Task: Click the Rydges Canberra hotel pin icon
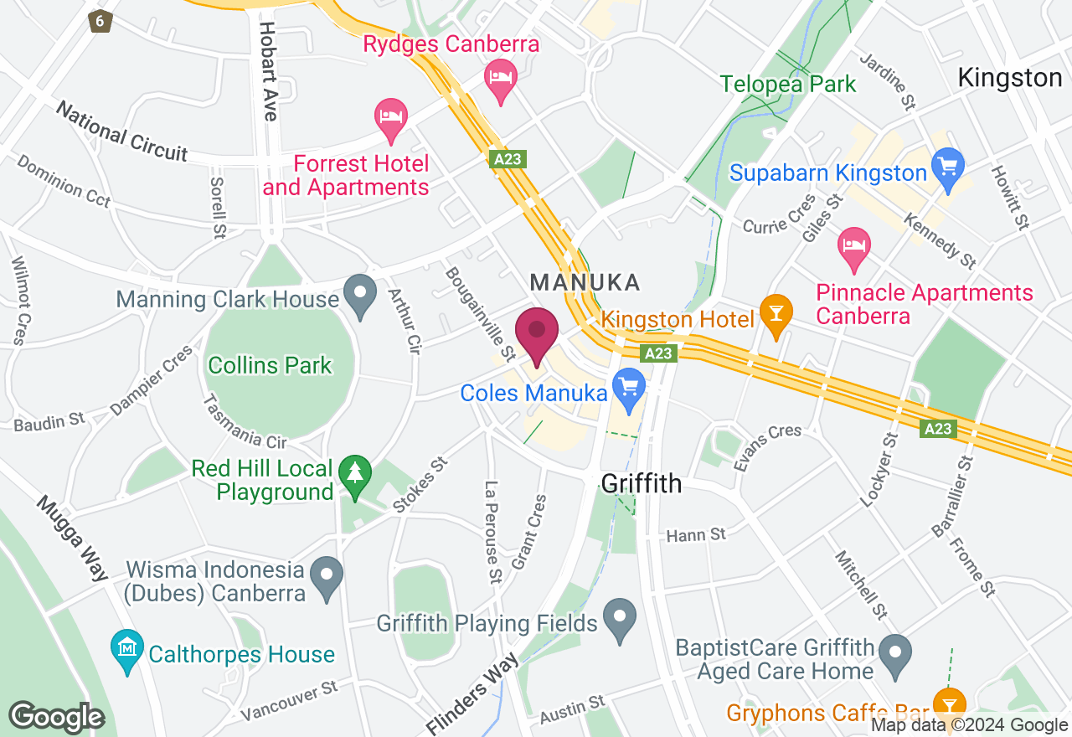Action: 501,79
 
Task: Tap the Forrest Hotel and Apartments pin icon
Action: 391,117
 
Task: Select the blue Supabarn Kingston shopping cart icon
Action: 948,162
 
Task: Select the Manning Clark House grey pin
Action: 361,294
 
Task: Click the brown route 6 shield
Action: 100,20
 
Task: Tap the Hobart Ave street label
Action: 268,71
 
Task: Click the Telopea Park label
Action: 788,84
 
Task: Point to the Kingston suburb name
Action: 1009,78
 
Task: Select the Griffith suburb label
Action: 642,483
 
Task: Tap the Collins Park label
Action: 270,365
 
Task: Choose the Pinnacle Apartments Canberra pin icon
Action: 854,246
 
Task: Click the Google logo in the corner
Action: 56,718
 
